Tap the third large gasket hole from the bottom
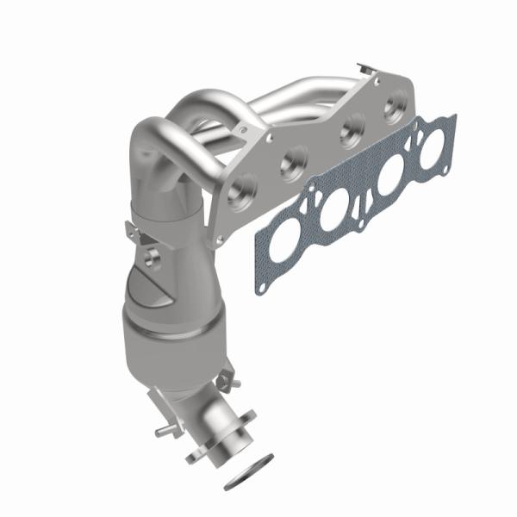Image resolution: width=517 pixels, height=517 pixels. pyautogui.click(x=386, y=182)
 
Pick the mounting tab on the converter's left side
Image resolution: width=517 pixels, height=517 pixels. pyautogui.click(x=131, y=231)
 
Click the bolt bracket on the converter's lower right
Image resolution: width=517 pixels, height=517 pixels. pyautogui.click(x=227, y=376)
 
